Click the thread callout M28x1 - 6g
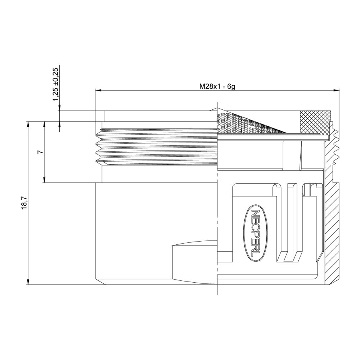point(217,86)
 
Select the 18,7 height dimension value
point(24,203)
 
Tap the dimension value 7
point(40,152)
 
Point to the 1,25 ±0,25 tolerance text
point(55,84)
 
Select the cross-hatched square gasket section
point(315,121)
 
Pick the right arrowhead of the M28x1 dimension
point(337,90)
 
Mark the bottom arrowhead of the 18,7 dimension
point(28,282)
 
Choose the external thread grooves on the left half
point(158,148)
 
